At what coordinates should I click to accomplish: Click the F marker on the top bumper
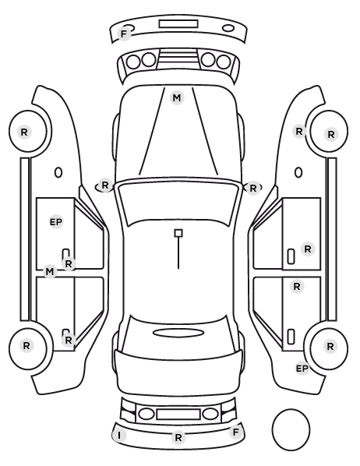pos(124,34)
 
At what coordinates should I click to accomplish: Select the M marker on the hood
pos(177,97)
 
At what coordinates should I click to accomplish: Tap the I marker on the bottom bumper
pos(119,436)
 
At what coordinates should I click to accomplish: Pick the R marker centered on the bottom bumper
pos(178,438)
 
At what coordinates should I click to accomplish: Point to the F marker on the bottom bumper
pos(235,432)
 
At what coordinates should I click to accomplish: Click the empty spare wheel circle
pos(291,429)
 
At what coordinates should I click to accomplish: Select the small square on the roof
pos(178,233)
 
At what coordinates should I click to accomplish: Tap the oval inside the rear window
pos(178,334)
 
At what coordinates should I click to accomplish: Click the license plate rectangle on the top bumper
pos(178,24)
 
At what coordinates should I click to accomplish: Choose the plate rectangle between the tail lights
pos(178,414)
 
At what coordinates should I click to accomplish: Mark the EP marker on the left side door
pos(56,222)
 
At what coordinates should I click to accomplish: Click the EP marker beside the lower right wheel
pos(302,369)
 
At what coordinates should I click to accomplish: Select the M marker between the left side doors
pos(50,272)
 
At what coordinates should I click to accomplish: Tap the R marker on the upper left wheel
pos(24,132)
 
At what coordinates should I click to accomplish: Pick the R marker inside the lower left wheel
pos(26,346)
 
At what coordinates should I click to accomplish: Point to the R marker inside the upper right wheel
pos(331,135)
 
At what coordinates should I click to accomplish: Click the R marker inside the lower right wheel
pos(330,346)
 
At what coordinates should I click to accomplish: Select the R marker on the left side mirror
pos(105,185)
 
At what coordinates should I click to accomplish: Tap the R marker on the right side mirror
pos(253,188)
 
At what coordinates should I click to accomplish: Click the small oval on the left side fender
pos(58,173)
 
